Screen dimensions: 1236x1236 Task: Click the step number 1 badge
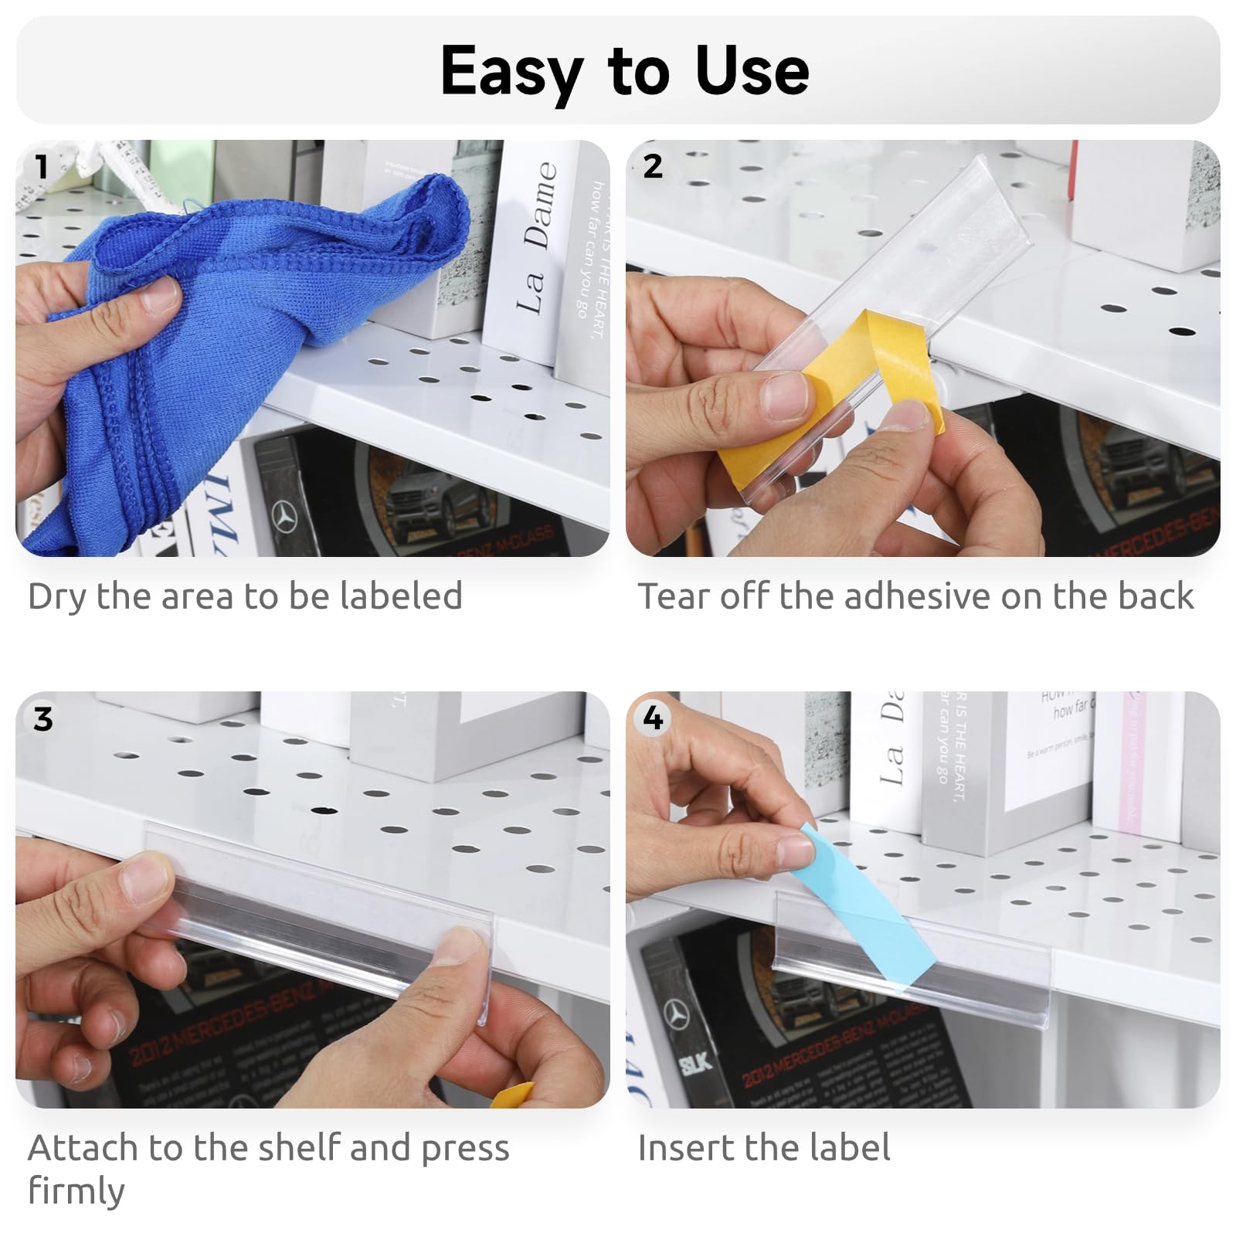tap(41, 167)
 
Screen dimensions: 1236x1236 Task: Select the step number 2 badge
tap(653, 166)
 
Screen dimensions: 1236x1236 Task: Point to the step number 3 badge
tap(43, 719)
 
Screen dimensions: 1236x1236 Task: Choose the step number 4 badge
tap(653, 718)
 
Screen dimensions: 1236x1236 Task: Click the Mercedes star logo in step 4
tap(678, 1015)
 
